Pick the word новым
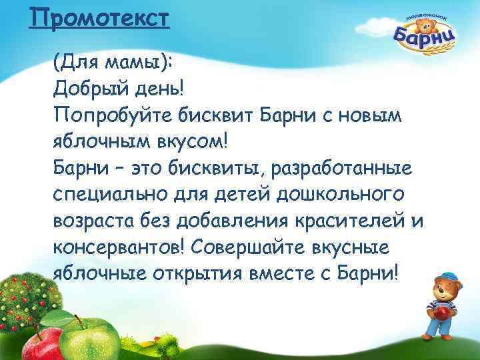click(365, 115)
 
